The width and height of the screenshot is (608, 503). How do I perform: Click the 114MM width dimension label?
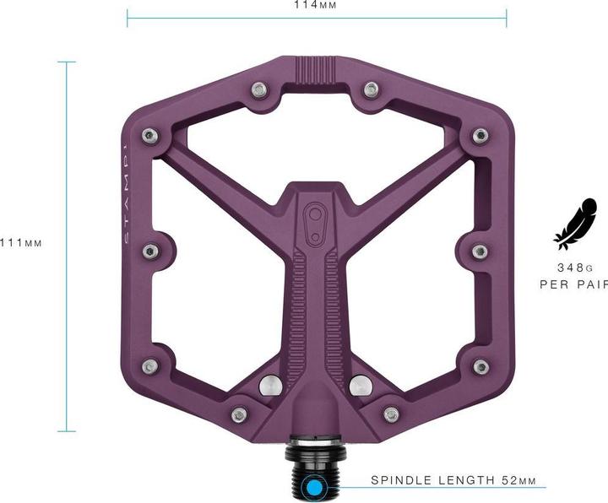(316, 4)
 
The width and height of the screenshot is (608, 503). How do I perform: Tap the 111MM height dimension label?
(21, 243)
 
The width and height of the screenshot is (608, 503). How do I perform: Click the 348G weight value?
(572, 266)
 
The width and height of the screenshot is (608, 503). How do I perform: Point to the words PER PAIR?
(573, 284)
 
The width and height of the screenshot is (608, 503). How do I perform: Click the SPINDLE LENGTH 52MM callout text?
(453, 480)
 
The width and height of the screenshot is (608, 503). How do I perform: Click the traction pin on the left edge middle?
(149, 250)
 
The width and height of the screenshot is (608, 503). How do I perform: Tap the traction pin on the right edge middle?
(479, 250)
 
